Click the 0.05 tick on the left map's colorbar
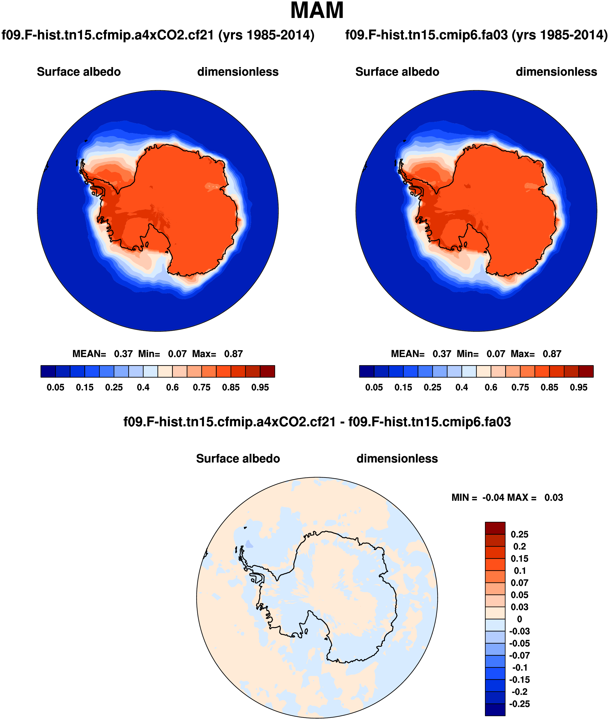coord(55,387)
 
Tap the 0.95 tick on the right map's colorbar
coord(579,387)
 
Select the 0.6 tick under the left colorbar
coord(172,387)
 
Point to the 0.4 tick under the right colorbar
coord(462,387)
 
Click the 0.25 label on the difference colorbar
coord(519,535)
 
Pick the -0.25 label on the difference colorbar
coord(519,704)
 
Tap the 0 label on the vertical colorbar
coord(519,619)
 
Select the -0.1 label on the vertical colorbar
coord(519,668)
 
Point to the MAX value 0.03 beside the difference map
coord(553,498)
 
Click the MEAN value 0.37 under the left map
coord(123,354)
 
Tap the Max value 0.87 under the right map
coord(552,354)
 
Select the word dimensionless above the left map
coord(238,72)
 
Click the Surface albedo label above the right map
coord(397,72)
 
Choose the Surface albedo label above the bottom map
coord(238,458)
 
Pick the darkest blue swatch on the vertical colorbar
coord(495,710)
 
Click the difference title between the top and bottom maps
coord(317,422)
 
